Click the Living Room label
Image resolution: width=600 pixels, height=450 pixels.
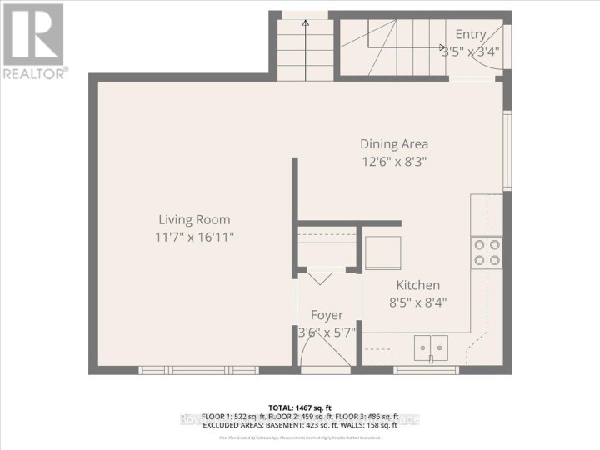194,219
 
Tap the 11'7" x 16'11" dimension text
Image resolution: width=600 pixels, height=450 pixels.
194,237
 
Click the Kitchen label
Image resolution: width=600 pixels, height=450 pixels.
417,285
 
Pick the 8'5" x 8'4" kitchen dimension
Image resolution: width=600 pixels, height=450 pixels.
417,302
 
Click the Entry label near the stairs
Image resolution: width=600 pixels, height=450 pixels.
470,34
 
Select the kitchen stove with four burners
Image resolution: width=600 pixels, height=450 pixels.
487,252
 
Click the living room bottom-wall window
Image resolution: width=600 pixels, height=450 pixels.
198,369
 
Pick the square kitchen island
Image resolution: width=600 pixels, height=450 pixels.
382,253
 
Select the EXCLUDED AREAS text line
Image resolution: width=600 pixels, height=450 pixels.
300,427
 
